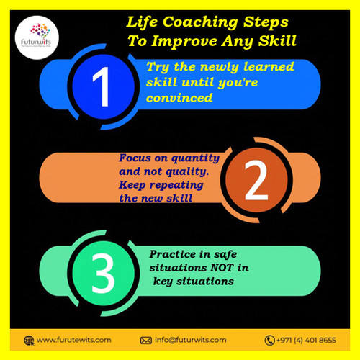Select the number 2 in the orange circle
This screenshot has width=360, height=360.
(x=255, y=183)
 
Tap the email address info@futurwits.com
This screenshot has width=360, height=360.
(x=191, y=340)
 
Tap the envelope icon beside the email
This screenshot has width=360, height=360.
(x=146, y=340)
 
